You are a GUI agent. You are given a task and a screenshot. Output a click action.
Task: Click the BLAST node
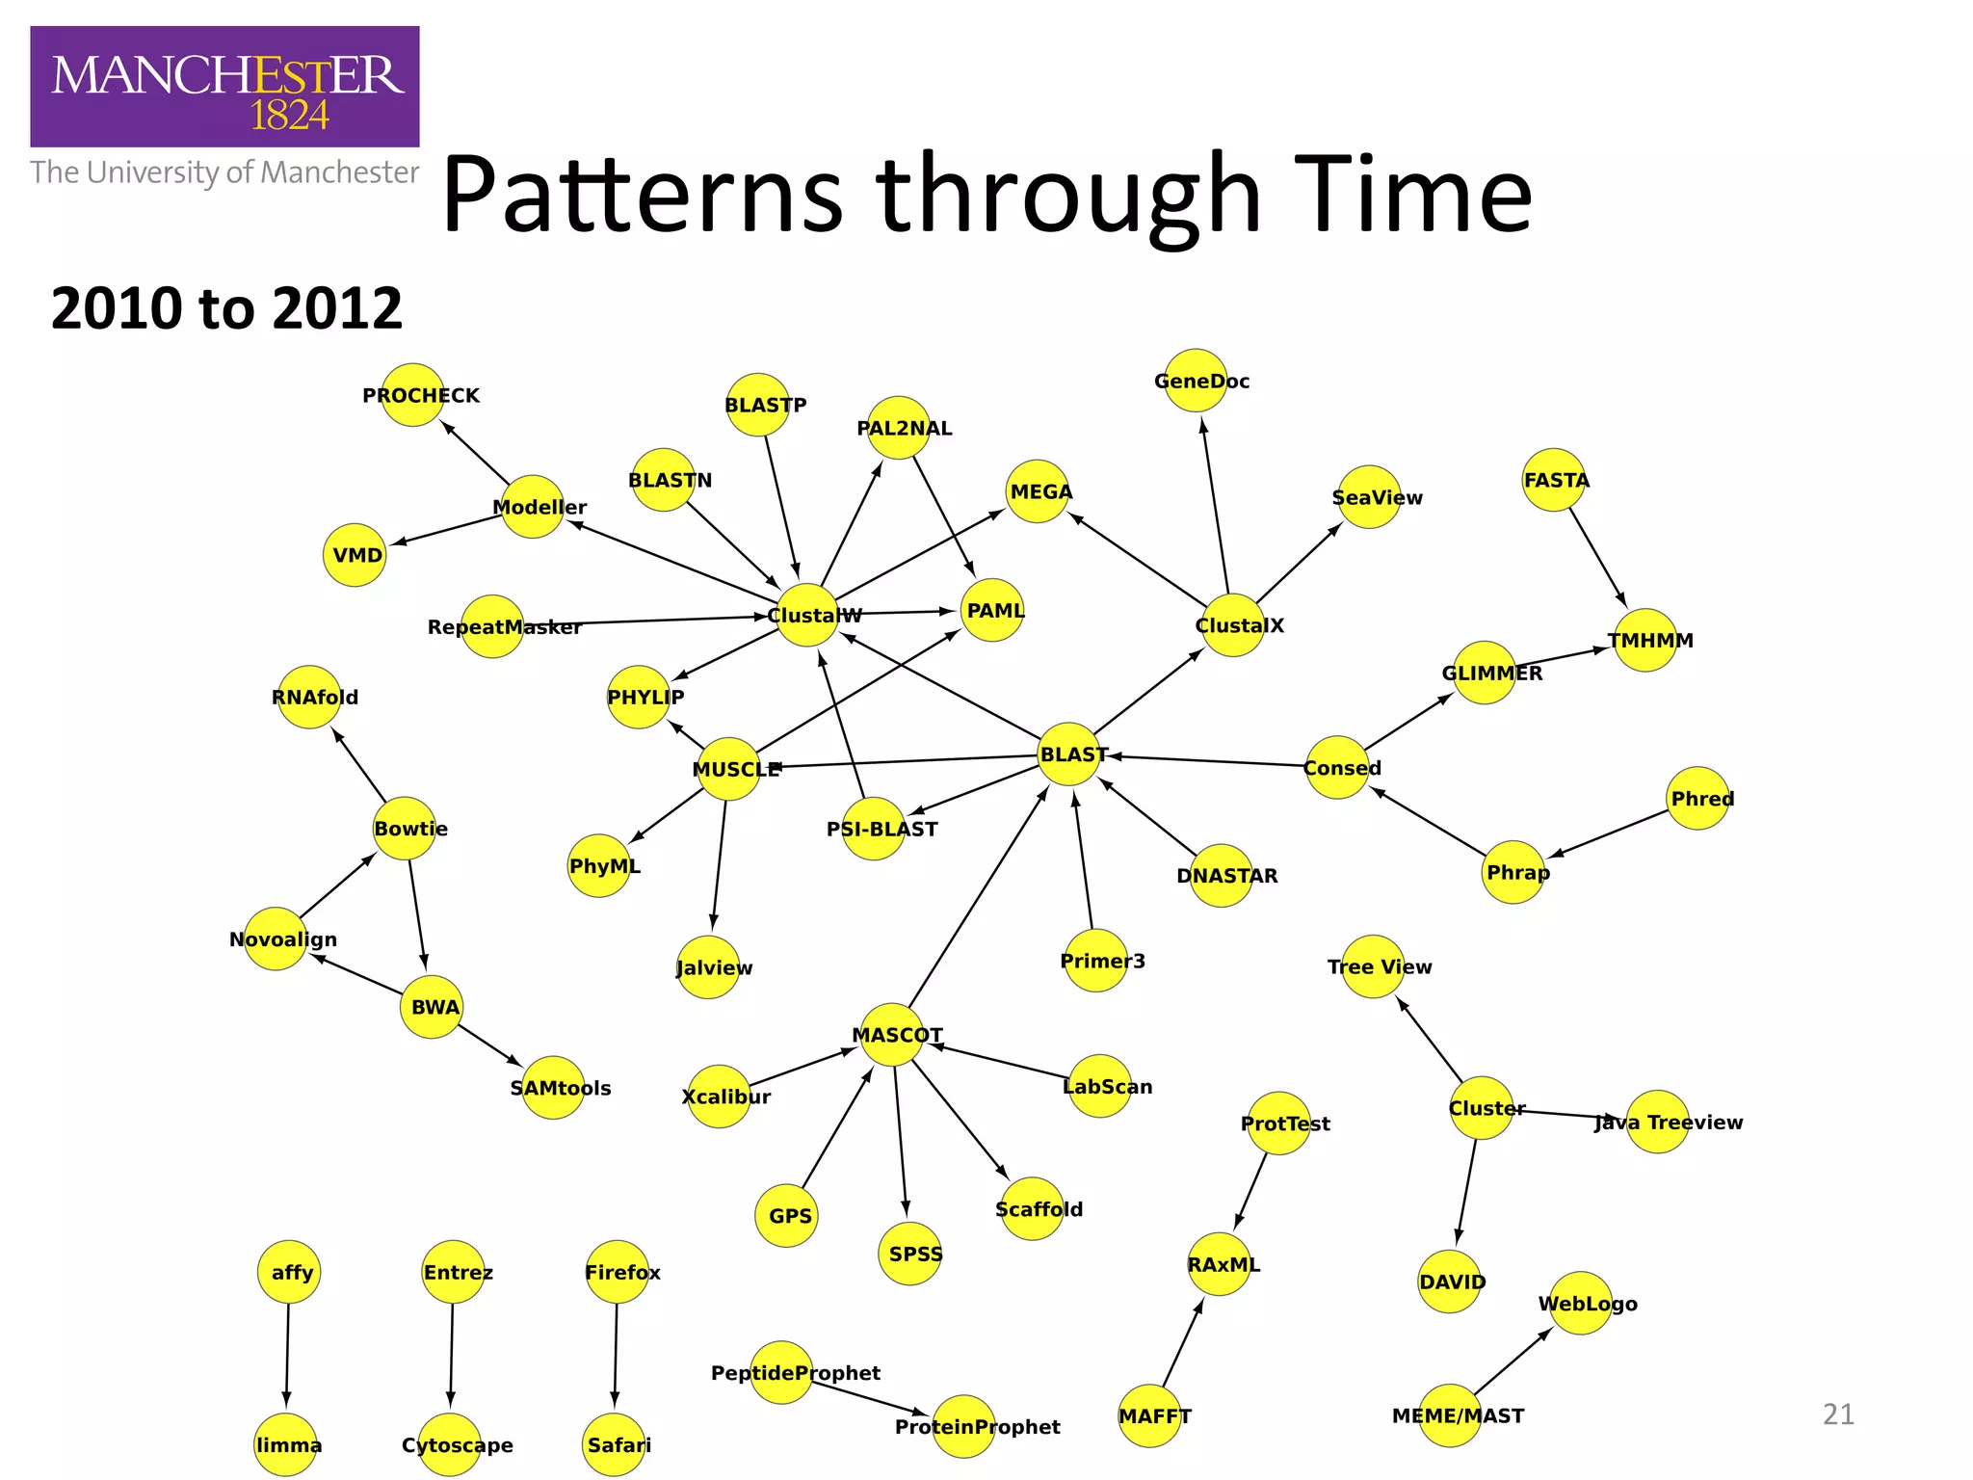pos(1069,753)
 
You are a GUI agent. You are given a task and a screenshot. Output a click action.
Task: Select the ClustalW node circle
pos(807,615)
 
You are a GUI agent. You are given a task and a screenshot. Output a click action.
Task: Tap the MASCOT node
pos(891,1035)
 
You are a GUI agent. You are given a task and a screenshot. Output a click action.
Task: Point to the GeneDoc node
pos(1196,381)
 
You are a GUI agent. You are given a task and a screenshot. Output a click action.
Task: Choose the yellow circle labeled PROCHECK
pos(412,395)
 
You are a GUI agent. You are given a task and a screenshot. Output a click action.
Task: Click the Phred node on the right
pos(1698,798)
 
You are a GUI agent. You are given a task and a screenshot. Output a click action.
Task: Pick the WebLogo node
pos(1581,1303)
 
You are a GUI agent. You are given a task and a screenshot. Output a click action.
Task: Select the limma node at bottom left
pos(286,1444)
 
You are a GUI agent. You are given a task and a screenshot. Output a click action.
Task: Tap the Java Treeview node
pos(1657,1122)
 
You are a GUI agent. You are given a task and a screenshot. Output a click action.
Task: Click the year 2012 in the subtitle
pos(336,308)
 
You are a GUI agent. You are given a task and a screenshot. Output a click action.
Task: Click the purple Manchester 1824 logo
pos(224,87)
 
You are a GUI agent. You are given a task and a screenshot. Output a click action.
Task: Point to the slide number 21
pos(1838,1414)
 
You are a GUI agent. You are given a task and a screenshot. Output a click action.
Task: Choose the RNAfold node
pos(309,697)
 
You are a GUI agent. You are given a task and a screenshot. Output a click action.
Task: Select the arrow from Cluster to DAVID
pos(1466,1192)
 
